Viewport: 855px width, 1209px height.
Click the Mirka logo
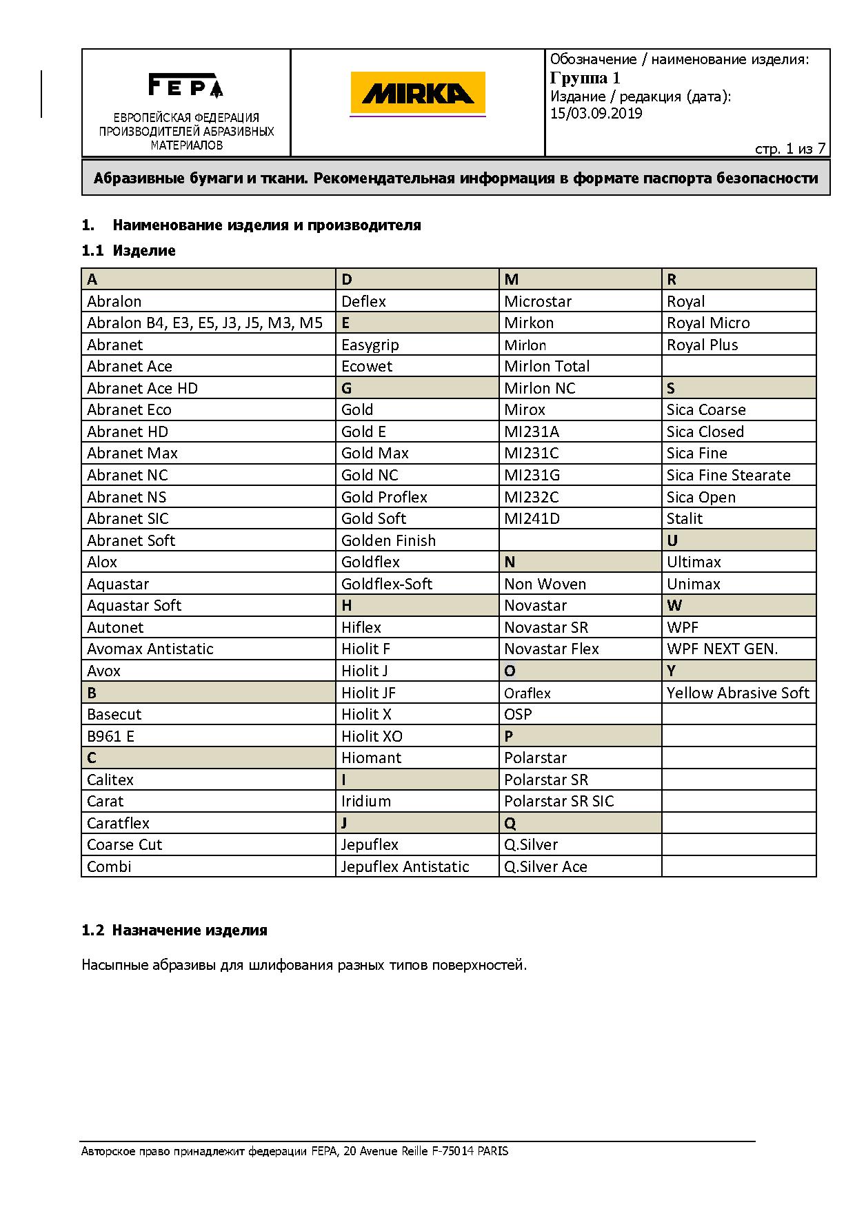(x=417, y=93)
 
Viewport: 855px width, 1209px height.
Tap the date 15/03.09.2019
(x=596, y=114)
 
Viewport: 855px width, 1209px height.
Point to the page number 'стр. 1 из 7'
(x=790, y=149)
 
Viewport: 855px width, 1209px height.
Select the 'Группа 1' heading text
(x=585, y=77)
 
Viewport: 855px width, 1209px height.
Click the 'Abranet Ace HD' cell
(x=142, y=388)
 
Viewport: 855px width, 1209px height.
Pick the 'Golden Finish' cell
(x=388, y=540)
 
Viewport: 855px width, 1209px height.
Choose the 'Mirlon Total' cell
(x=547, y=366)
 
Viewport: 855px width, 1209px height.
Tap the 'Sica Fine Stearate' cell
(x=728, y=475)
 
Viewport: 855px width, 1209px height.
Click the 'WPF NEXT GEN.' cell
(x=722, y=649)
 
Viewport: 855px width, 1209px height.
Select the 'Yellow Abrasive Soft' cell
(x=738, y=693)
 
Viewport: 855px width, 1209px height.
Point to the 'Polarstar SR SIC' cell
(x=559, y=801)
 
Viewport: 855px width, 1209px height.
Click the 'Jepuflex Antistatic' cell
(x=405, y=866)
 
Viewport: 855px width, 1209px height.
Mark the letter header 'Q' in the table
(x=510, y=823)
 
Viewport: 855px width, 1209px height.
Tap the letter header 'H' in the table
(x=347, y=605)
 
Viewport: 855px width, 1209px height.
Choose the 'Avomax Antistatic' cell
(x=150, y=649)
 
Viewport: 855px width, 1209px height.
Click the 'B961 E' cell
(x=110, y=736)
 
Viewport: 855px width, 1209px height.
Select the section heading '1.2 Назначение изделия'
(x=174, y=930)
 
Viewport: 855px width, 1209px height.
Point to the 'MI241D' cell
(x=532, y=518)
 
